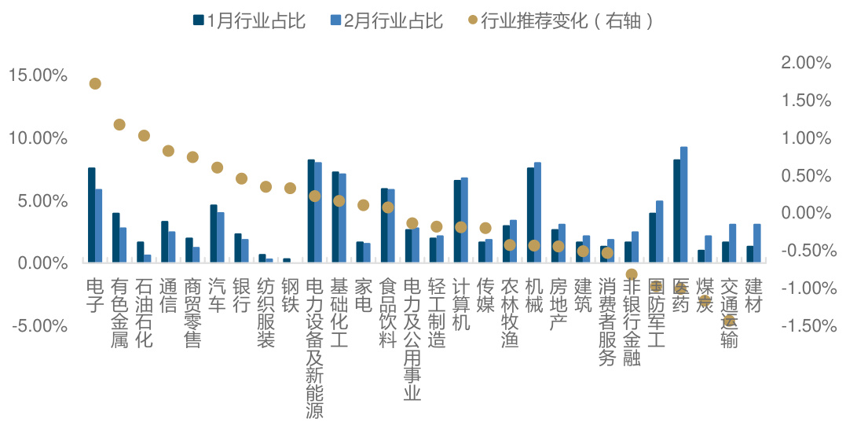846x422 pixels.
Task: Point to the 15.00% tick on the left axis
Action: (x=38, y=75)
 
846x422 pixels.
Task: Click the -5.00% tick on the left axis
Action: (x=38, y=325)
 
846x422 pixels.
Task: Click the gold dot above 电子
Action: (x=95, y=83)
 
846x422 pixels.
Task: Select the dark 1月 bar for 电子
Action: (x=91, y=215)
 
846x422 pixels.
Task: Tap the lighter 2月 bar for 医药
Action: (x=684, y=204)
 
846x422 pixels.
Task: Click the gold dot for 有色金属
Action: (x=119, y=124)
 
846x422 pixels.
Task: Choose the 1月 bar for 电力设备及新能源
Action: (x=311, y=211)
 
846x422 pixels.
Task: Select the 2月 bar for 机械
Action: (x=537, y=212)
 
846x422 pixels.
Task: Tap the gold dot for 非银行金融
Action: (x=632, y=274)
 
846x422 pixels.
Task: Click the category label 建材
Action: (x=753, y=295)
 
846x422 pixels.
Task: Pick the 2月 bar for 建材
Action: (x=757, y=243)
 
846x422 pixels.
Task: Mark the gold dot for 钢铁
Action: (x=290, y=188)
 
